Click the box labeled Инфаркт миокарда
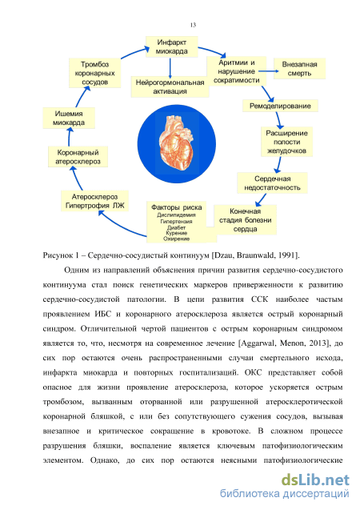pos(171,46)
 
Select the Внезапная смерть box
pos(299,69)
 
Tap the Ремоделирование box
pos(280,106)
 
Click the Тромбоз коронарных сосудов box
pos(95,73)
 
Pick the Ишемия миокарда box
pos(69,118)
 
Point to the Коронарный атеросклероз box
pos(78,157)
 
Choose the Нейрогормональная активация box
pos(170,86)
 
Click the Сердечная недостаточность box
pos(272,183)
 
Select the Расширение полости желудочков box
pos(286,142)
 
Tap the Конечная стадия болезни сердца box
pos(245,220)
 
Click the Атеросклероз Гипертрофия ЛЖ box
pos(95,201)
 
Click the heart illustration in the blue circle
pos(177,143)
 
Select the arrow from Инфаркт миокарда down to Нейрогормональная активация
pos(170,67)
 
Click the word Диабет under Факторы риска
pos(177,227)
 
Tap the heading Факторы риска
pos(177,207)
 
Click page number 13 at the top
pos(193,25)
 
